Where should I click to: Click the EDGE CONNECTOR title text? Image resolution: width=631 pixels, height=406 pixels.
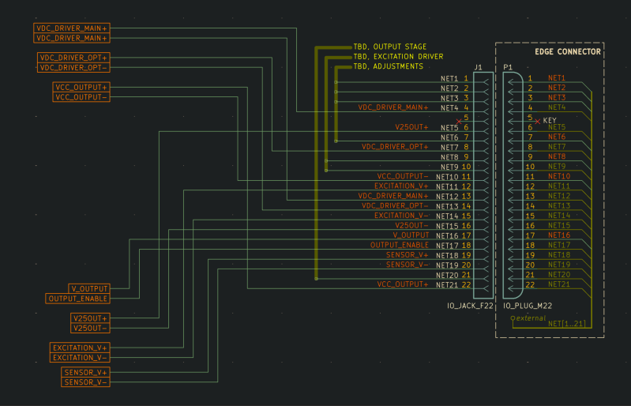click(x=567, y=51)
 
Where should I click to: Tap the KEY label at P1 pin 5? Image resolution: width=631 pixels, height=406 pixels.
click(x=550, y=120)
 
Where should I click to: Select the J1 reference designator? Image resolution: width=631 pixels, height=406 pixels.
click(x=479, y=68)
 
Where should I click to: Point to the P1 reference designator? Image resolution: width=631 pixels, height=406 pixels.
click(x=508, y=68)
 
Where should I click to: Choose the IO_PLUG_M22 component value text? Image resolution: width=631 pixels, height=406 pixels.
click(x=528, y=304)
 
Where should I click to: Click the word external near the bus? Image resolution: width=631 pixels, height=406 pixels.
click(x=531, y=318)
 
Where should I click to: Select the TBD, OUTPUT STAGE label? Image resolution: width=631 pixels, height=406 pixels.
click(x=390, y=47)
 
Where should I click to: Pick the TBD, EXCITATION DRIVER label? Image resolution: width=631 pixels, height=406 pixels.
click(x=398, y=57)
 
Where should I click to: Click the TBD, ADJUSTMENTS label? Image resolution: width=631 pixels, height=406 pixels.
click(x=388, y=66)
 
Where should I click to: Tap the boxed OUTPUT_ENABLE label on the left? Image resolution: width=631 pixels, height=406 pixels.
click(x=78, y=299)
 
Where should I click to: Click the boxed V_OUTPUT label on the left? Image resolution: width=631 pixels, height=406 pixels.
click(x=88, y=288)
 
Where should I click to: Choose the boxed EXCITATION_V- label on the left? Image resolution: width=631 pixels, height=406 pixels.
click(x=80, y=358)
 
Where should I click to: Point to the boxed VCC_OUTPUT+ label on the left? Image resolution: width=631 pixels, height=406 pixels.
click(x=81, y=87)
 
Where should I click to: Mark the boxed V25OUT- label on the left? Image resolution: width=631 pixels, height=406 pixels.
click(x=90, y=328)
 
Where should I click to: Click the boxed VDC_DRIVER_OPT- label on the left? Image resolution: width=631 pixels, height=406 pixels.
click(x=73, y=68)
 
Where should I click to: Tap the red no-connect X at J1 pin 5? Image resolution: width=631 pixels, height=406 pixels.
click(x=459, y=122)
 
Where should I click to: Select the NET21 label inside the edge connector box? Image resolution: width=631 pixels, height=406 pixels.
click(x=558, y=284)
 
